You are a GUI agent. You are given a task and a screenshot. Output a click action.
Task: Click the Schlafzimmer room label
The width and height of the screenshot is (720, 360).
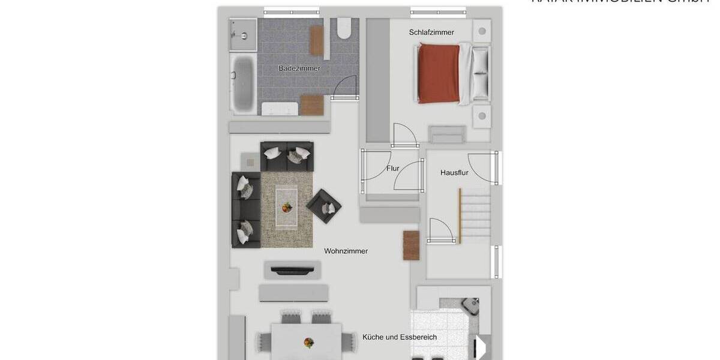431,32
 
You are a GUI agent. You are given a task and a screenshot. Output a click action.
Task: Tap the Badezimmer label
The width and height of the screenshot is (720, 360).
299,68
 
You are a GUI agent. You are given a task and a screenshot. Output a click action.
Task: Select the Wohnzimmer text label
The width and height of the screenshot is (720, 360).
346,251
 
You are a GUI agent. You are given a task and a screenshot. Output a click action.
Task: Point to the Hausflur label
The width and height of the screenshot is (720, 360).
454,172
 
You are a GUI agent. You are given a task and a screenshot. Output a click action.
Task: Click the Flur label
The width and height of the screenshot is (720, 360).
392,169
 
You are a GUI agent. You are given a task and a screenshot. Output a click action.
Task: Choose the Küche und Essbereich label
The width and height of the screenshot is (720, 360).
400,337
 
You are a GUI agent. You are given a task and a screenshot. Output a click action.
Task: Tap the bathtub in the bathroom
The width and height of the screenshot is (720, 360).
242,84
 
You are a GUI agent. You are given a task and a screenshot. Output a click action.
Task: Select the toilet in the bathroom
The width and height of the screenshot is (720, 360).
344,28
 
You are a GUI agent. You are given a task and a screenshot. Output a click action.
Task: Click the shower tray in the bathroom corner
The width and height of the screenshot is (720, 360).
243,34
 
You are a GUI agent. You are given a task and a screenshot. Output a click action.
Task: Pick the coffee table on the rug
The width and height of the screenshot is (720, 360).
286,206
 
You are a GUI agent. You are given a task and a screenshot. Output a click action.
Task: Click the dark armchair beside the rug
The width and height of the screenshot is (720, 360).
324,206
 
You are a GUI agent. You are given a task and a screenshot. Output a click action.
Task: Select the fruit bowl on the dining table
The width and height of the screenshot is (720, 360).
308,343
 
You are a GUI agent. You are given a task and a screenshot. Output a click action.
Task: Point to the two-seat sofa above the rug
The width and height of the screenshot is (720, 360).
287,156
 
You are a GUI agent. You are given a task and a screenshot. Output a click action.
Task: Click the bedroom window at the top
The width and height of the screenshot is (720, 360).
438,12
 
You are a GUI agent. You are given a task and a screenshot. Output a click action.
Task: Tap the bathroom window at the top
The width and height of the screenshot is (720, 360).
291,12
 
